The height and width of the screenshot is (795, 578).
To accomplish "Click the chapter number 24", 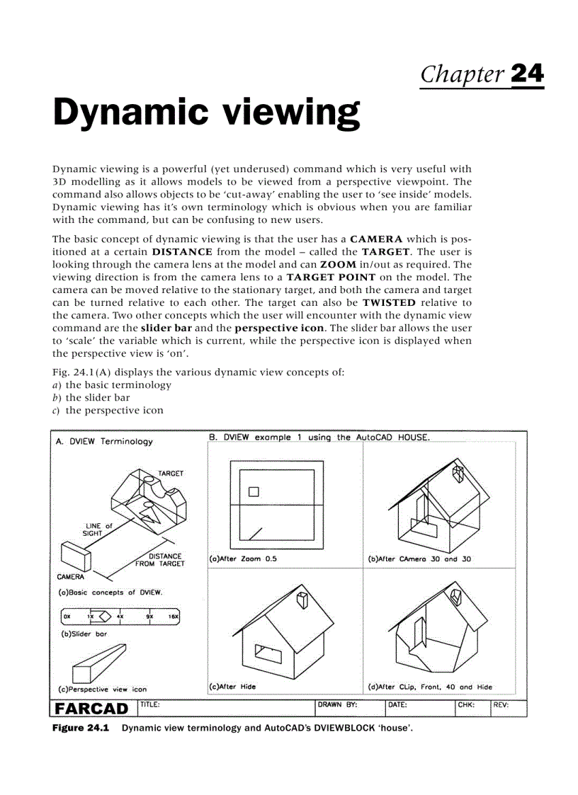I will click(526, 74).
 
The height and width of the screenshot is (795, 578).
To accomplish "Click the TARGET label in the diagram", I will click(170, 473).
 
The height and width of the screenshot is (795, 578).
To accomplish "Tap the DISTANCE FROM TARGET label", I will click(161, 560).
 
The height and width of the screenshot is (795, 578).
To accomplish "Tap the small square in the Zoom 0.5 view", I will click(254, 492).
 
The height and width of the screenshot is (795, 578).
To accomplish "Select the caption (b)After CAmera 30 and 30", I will click(419, 559).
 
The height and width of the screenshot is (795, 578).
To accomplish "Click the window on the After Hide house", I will click(268, 654).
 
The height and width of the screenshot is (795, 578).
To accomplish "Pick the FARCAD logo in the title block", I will click(92, 709).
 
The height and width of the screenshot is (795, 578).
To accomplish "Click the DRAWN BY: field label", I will click(337, 705).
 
